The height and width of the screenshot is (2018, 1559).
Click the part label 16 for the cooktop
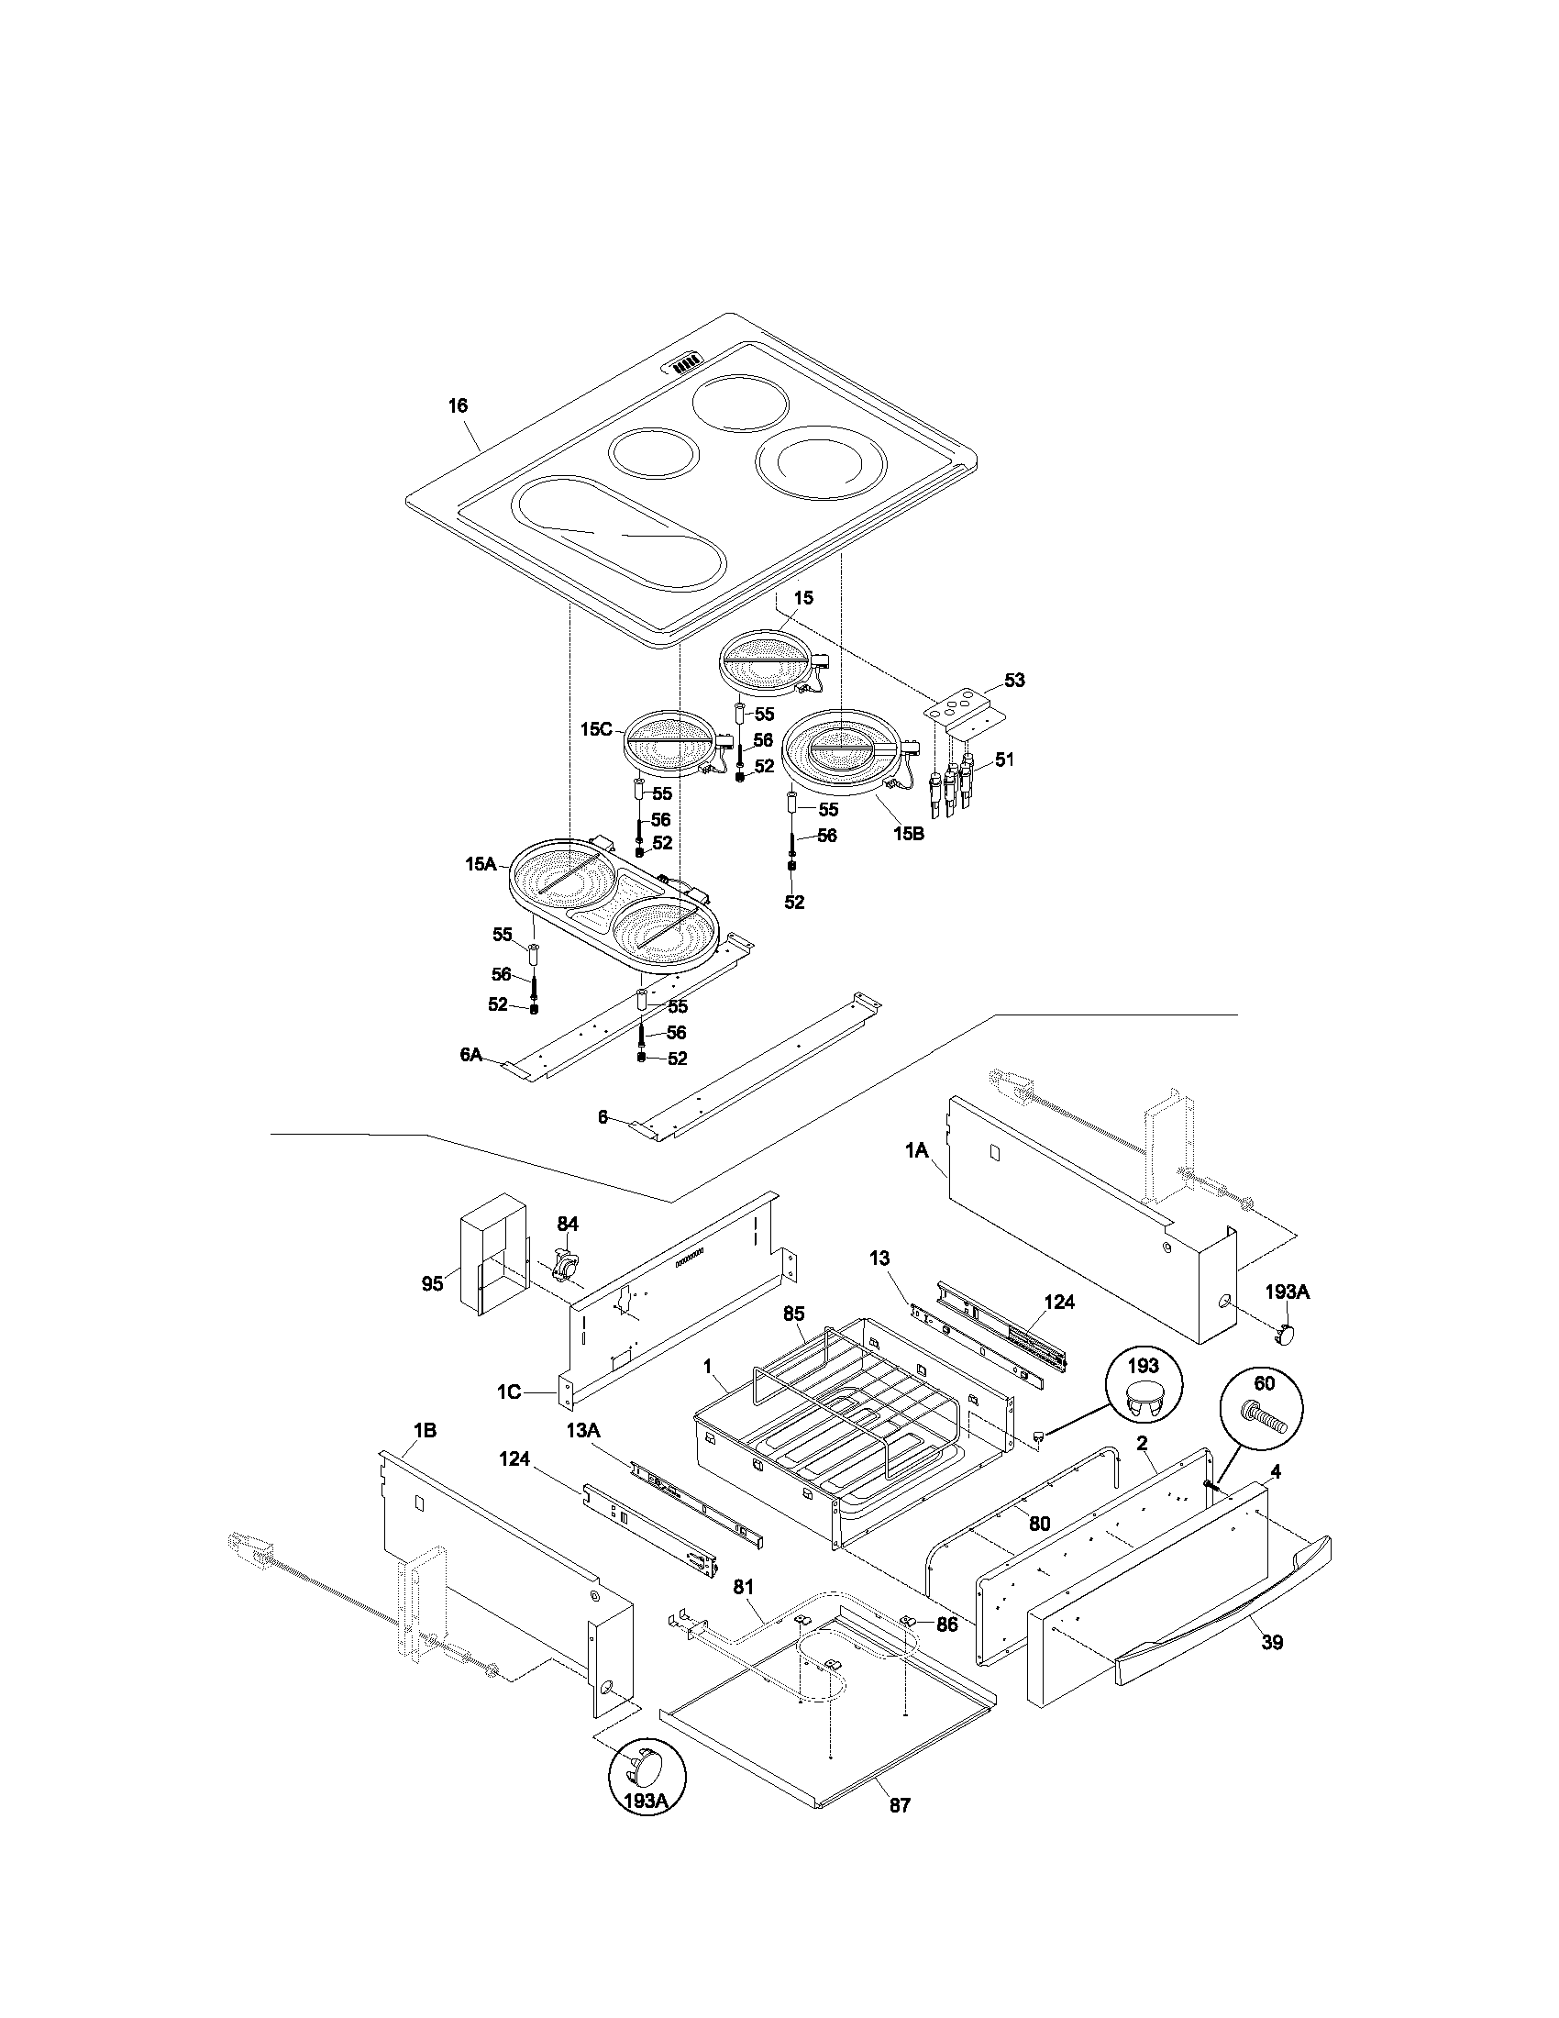pos(459,405)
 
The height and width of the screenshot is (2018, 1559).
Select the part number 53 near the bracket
pos(1014,680)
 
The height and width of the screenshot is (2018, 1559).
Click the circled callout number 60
pos(1264,1409)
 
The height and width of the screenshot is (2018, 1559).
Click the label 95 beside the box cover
pos(432,1284)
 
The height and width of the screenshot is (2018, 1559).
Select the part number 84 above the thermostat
pos(567,1224)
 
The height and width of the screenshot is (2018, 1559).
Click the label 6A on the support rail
pos(471,1054)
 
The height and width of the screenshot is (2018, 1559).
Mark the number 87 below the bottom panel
pos(900,1804)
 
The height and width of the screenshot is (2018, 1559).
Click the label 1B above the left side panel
pos(424,1430)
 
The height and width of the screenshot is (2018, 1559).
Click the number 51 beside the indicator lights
pos(1004,760)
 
